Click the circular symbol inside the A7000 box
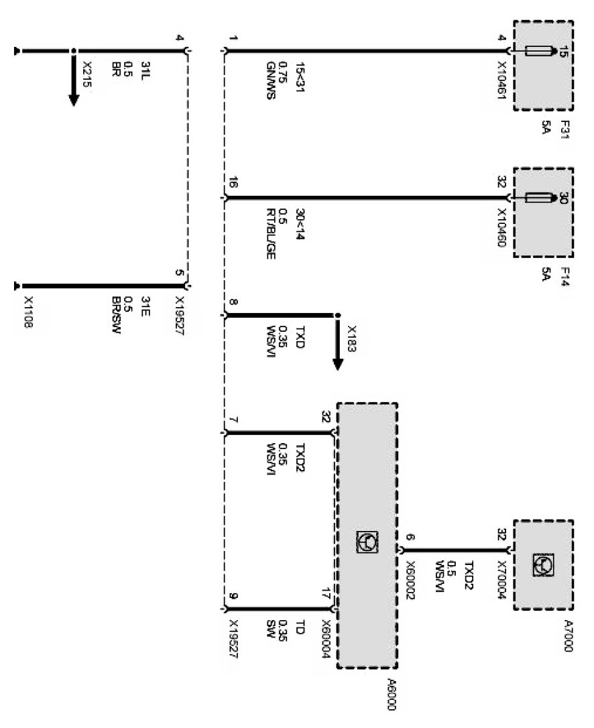[542, 566]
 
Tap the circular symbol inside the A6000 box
[367, 542]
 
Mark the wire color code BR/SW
[115, 316]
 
